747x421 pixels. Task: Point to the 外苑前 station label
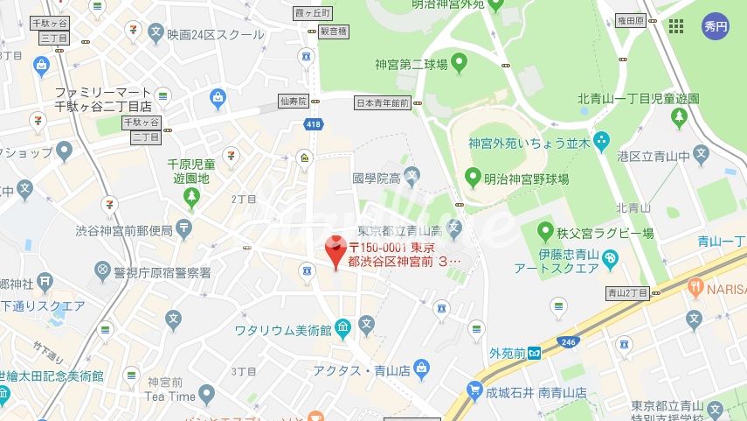[x=508, y=354]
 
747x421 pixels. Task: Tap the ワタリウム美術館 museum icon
[x=342, y=329]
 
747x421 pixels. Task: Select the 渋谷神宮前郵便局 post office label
[x=125, y=231]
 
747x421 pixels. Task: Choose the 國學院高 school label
[x=377, y=178]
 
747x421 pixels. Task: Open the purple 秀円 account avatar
[x=716, y=26]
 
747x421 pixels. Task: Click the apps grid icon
[x=676, y=26]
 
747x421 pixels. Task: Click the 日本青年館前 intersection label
[x=383, y=102]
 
